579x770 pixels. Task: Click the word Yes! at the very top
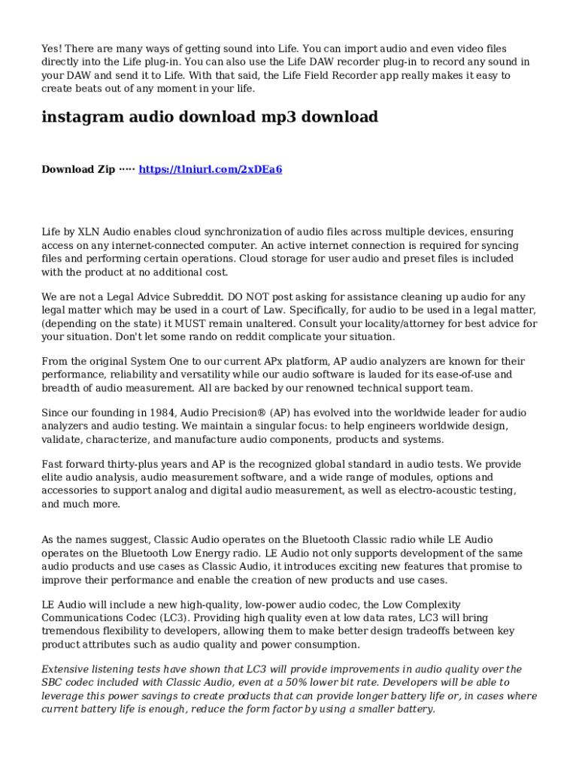(x=52, y=49)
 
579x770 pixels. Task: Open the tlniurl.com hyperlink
(x=211, y=169)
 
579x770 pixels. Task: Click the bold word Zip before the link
(x=102, y=169)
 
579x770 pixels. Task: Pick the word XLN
(x=87, y=232)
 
